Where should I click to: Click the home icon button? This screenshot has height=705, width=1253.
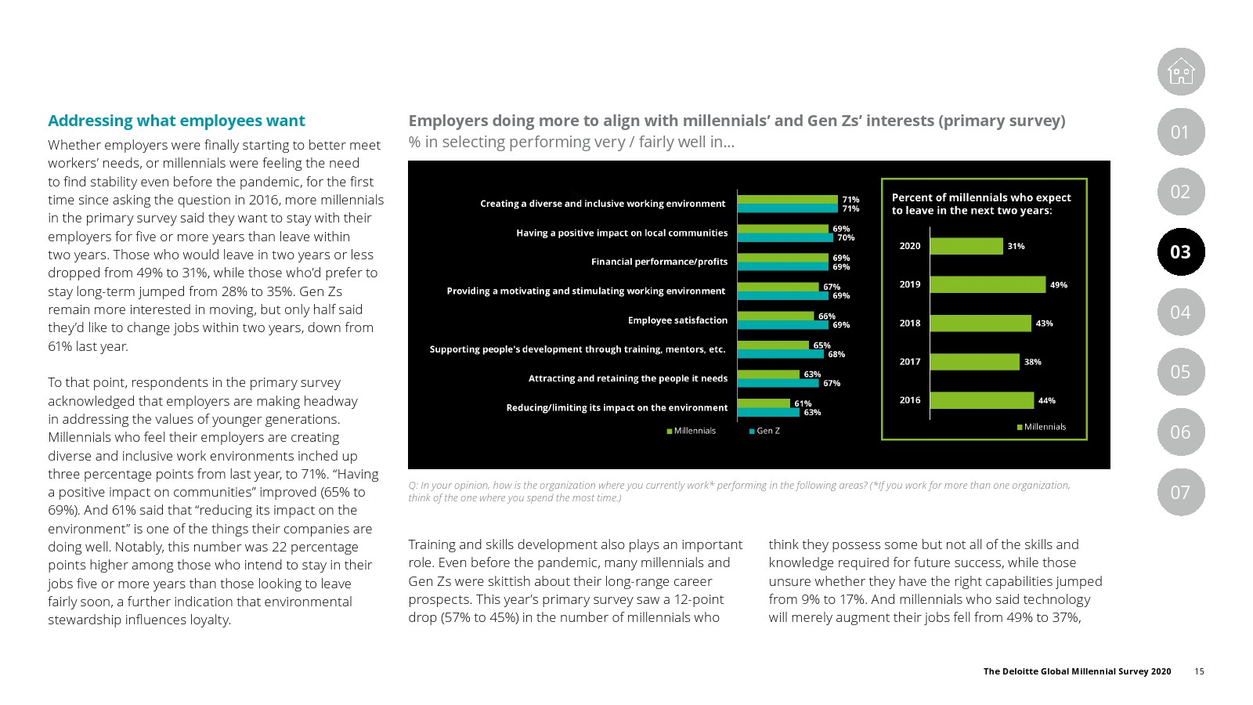click(1181, 71)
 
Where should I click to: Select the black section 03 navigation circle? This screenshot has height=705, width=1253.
click(1181, 251)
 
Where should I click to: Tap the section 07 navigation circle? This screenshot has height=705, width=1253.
click(1181, 492)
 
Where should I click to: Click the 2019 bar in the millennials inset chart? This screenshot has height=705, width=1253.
click(988, 284)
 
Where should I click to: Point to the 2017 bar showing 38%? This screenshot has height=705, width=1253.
click(975, 361)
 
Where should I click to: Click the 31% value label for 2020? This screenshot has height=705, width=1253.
click(1016, 246)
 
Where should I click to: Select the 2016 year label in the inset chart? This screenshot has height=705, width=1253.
click(910, 400)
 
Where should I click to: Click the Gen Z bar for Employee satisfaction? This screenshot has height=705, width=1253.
click(783, 325)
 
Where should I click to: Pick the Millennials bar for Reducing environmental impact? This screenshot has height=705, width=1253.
click(764, 403)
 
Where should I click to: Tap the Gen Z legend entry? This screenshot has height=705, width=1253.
click(764, 431)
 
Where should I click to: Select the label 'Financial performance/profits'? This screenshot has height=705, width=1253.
click(659, 262)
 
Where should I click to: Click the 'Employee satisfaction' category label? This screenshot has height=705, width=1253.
click(677, 320)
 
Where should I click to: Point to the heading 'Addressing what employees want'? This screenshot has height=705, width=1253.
click(176, 121)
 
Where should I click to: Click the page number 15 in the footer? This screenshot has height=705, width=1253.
click(1199, 671)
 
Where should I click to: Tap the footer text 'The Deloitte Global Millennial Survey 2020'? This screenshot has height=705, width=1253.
click(1077, 671)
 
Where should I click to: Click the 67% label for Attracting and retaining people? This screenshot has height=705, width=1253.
click(832, 383)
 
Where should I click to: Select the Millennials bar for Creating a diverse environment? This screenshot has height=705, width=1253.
click(787, 200)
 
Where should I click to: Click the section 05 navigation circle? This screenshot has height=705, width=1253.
click(1181, 372)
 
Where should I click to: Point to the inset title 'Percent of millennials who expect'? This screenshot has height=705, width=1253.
click(981, 197)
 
